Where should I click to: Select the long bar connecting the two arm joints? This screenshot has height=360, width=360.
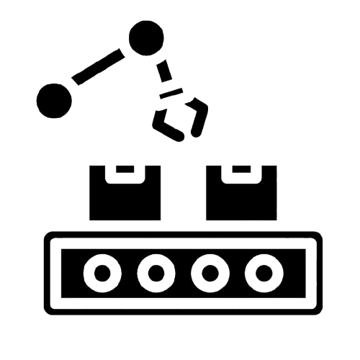pyautogui.click(x=99, y=69)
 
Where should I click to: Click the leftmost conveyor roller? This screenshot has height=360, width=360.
pyautogui.click(x=103, y=273)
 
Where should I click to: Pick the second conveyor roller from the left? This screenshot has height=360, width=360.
pyautogui.click(x=156, y=273)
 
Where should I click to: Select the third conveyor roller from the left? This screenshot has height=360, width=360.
pyautogui.click(x=209, y=273)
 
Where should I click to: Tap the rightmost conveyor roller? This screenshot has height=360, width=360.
pyautogui.click(x=262, y=273)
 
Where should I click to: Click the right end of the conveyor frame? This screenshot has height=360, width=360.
pyautogui.click(x=313, y=273)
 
